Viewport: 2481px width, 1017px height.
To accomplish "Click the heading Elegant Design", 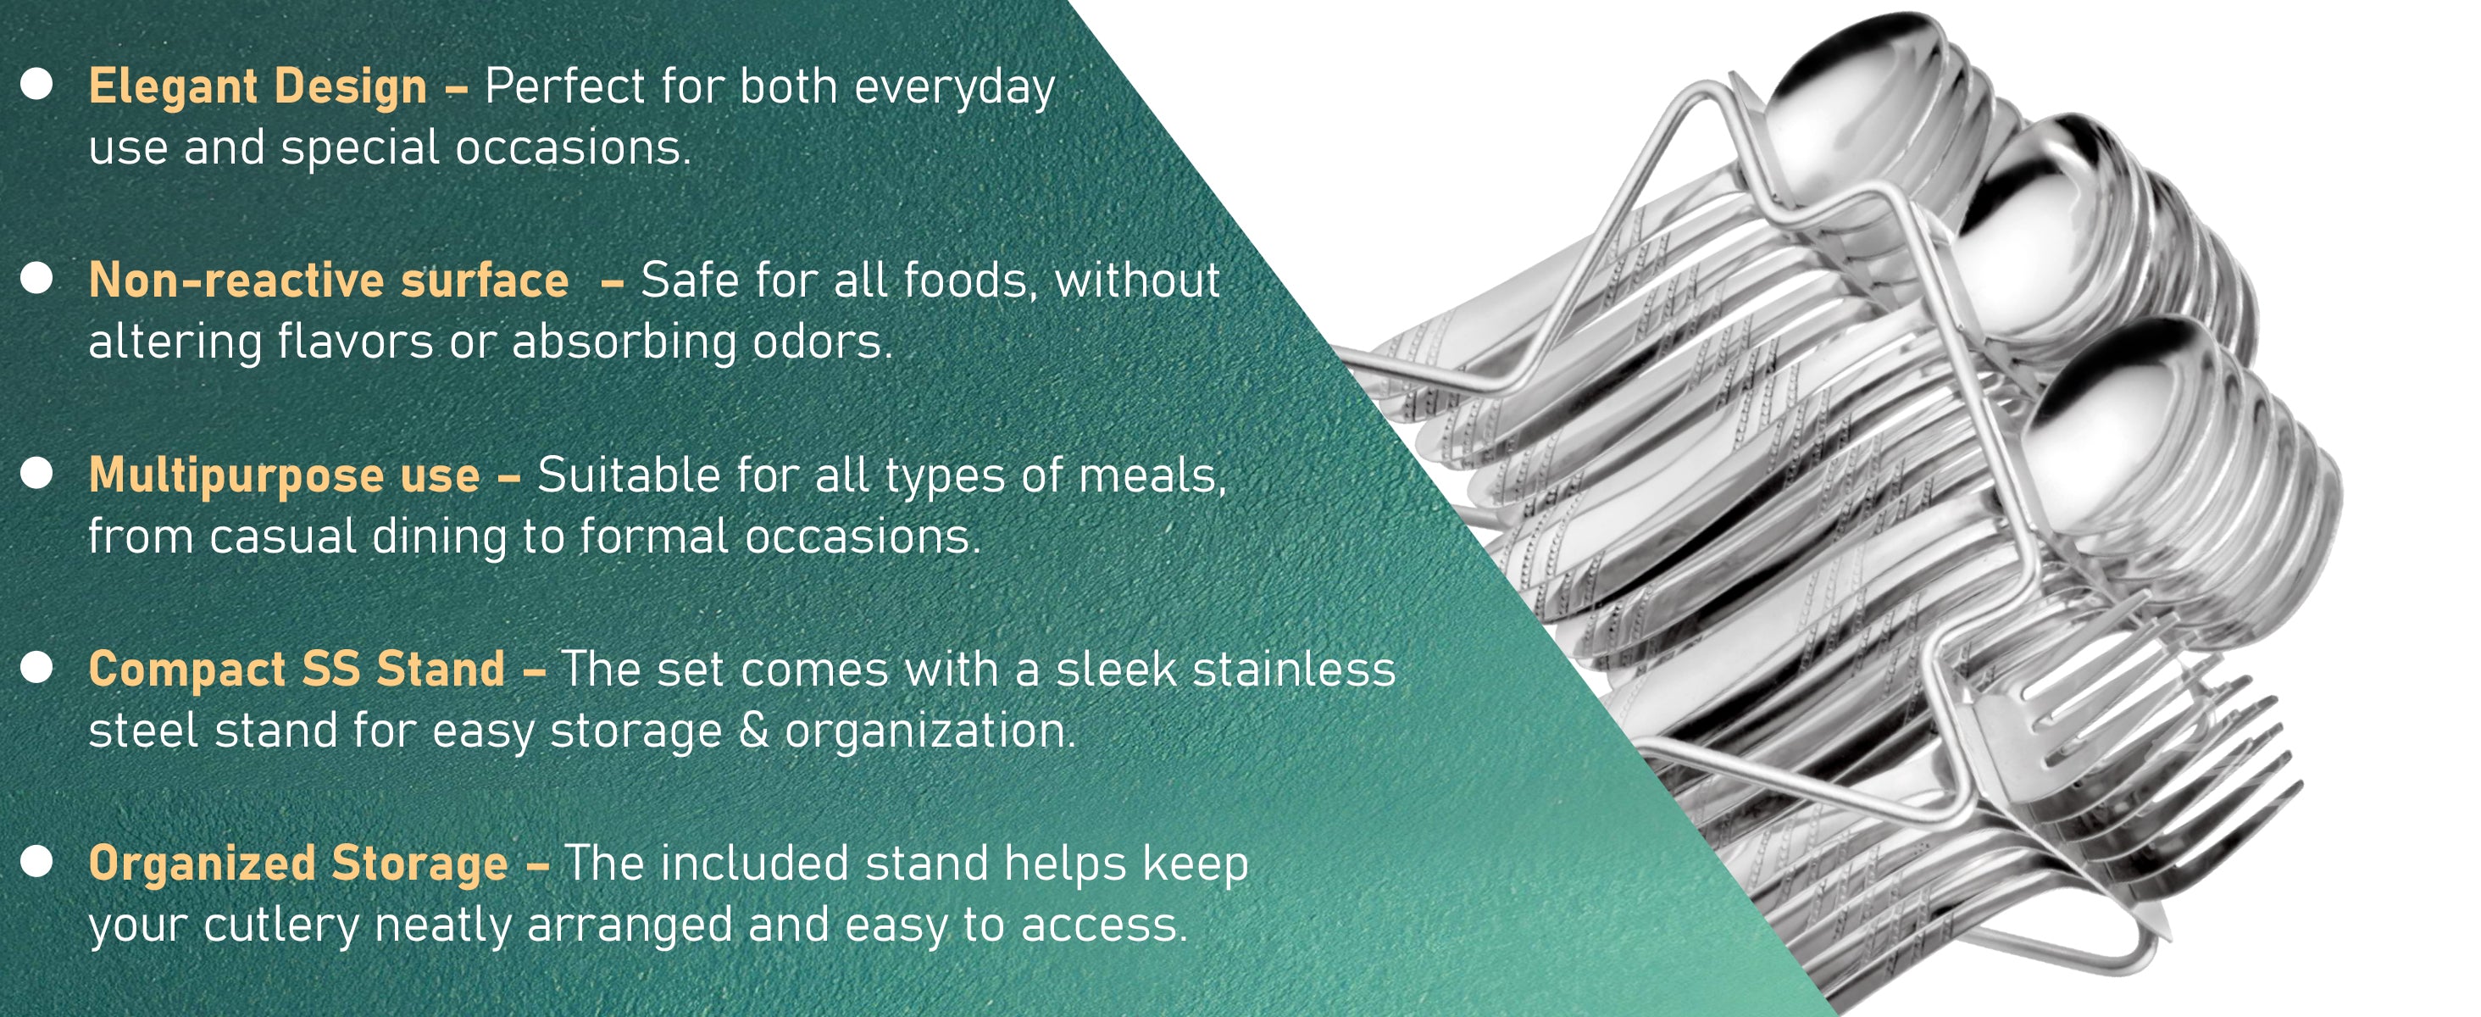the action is point(258,86).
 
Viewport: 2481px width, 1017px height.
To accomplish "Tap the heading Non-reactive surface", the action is point(329,281).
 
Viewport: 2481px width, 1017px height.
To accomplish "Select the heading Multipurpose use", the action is point(284,475).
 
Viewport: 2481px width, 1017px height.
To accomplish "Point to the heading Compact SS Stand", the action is point(297,669).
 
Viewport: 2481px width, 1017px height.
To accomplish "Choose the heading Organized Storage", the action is point(298,864).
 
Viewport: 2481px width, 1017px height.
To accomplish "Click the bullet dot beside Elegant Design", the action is point(36,84).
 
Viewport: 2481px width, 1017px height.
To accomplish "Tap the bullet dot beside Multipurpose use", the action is point(36,473).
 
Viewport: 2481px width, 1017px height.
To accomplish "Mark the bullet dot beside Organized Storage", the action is point(36,861).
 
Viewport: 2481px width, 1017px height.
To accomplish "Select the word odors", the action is point(823,342).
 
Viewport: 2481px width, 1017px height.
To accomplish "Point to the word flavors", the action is point(355,342).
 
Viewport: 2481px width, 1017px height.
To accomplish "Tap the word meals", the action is point(1153,475).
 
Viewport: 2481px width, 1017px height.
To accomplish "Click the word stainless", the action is point(1295,669).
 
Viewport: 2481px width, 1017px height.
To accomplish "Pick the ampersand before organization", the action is point(754,730).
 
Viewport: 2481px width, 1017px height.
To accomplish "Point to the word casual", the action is point(282,536).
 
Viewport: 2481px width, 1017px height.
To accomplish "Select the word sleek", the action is point(1116,669).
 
